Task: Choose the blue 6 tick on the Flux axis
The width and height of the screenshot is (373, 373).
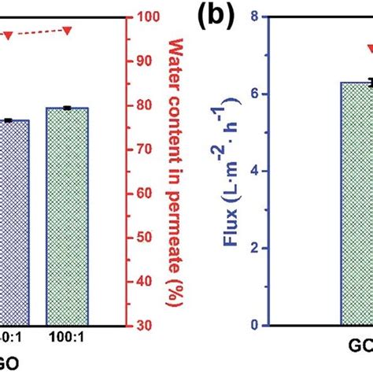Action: pos(253,94)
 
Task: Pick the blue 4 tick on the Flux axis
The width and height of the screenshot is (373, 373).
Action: pos(253,171)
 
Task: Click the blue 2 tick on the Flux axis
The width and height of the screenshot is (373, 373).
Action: pos(253,248)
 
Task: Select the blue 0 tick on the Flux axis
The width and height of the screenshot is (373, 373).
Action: pos(253,325)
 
